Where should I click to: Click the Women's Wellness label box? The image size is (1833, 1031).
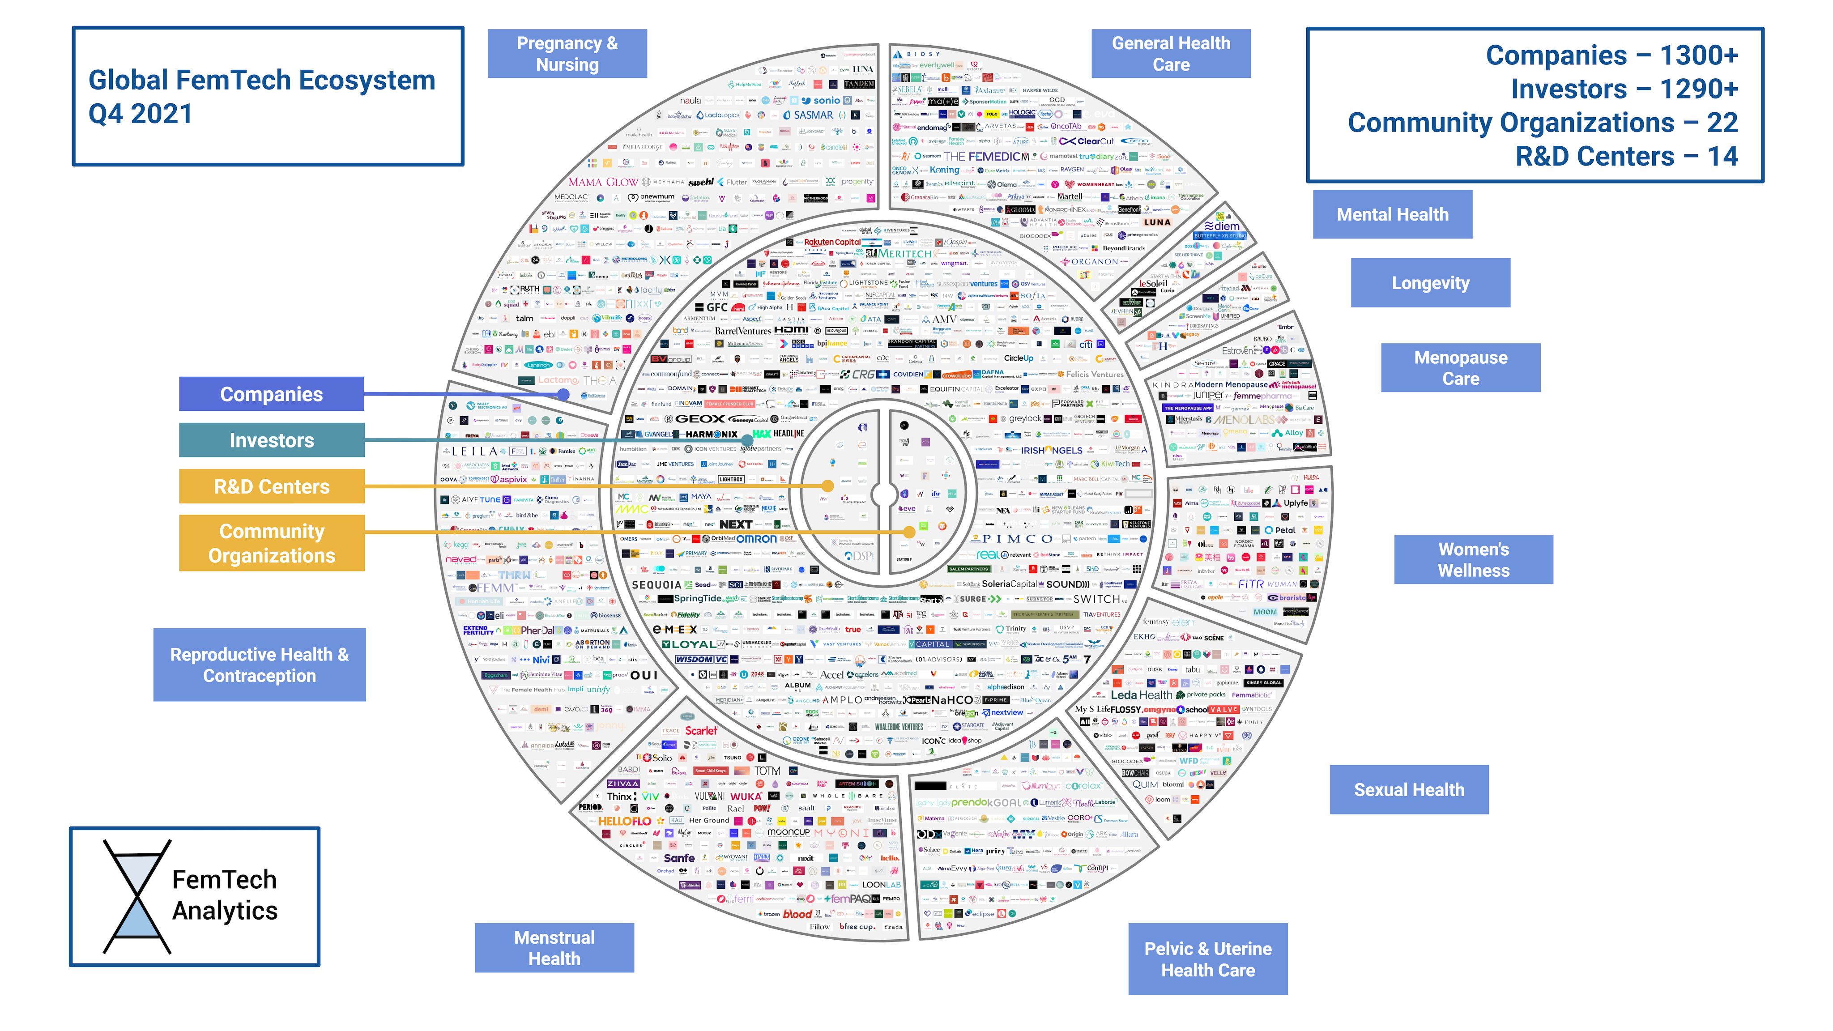(1473, 559)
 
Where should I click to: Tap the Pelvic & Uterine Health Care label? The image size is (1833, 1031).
(1207, 959)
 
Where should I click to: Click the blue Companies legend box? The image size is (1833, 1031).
(271, 394)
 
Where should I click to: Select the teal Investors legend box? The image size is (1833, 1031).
(271, 440)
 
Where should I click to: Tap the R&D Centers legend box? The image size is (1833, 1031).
(271, 487)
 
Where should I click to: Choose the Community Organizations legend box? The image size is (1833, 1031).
(271, 543)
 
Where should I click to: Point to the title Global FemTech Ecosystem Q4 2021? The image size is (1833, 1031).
(261, 96)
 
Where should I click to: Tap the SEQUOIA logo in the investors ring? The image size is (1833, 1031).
(656, 585)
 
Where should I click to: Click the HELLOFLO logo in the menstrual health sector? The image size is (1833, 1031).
(624, 821)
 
